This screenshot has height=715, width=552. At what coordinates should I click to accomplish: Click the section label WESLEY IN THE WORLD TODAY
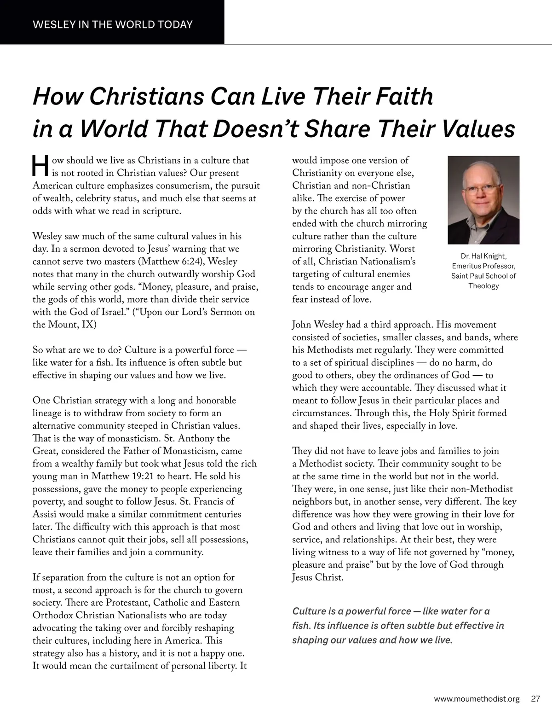(x=113, y=24)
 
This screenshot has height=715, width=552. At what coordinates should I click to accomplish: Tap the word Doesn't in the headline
(x=255, y=129)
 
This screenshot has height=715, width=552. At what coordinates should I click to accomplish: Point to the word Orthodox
(x=52, y=615)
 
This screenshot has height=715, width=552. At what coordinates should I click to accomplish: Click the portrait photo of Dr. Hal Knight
(x=483, y=200)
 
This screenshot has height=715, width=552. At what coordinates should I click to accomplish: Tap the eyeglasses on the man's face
(x=481, y=189)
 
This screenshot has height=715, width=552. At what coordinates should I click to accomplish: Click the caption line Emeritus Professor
(x=483, y=266)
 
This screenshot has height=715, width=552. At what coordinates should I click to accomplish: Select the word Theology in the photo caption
(x=483, y=286)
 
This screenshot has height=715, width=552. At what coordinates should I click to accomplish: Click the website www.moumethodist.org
(x=477, y=698)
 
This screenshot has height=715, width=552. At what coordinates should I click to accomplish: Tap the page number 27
(x=535, y=698)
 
